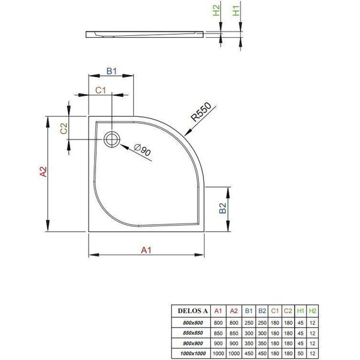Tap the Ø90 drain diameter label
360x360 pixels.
tap(143, 150)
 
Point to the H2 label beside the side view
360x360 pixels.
tap(216, 11)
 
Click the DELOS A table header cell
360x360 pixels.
tap(189, 311)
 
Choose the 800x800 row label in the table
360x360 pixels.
tap(189, 322)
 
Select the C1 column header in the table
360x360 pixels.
tap(273, 311)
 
